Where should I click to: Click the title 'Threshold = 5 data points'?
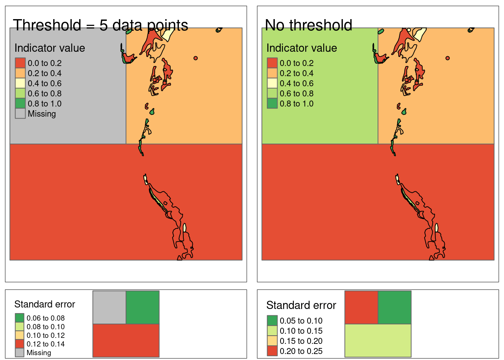coord(100,25)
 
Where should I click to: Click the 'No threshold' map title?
coord(308,25)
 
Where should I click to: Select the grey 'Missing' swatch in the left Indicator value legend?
coord(20,114)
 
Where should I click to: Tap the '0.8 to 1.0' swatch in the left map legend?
coord(20,103)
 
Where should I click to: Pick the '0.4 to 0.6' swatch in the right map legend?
coord(272,83)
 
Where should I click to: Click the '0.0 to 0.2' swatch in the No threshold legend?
coord(272,63)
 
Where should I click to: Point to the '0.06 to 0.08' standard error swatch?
coord(19,318)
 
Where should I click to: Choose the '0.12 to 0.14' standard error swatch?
coord(19,344)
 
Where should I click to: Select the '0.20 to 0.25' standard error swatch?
coord(272,351)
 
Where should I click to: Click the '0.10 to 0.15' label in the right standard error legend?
coord(301,331)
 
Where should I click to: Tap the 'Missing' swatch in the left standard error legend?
coord(19,352)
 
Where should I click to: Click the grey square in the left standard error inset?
coord(109,307)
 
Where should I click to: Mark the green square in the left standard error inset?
coord(142,307)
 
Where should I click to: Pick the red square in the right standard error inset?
coord(361,307)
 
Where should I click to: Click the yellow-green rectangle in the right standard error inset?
coord(378,340)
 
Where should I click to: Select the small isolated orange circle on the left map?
coord(195,58)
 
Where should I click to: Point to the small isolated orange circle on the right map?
coord(447,58)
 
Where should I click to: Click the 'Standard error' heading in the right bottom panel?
coord(301,305)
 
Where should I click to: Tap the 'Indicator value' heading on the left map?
coord(49,48)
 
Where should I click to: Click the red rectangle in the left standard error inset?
coord(126,340)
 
